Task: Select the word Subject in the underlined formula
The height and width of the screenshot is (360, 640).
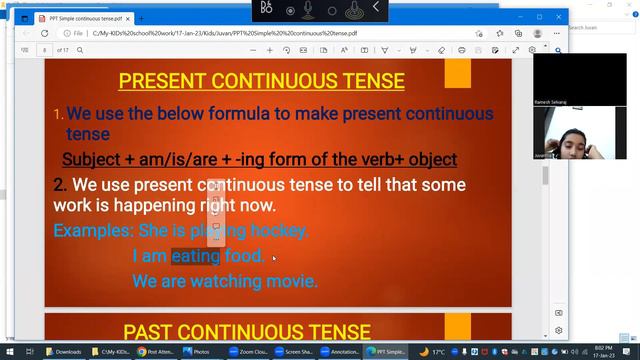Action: (93, 159)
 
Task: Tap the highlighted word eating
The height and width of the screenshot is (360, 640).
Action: (195, 256)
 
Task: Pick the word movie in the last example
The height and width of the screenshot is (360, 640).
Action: (290, 281)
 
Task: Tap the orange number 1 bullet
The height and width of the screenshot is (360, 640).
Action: (59, 114)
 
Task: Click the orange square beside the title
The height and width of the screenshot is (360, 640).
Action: (458, 73)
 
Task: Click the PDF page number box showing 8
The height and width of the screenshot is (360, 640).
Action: (46, 49)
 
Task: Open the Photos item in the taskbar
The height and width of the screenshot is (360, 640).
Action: (196, 351)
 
